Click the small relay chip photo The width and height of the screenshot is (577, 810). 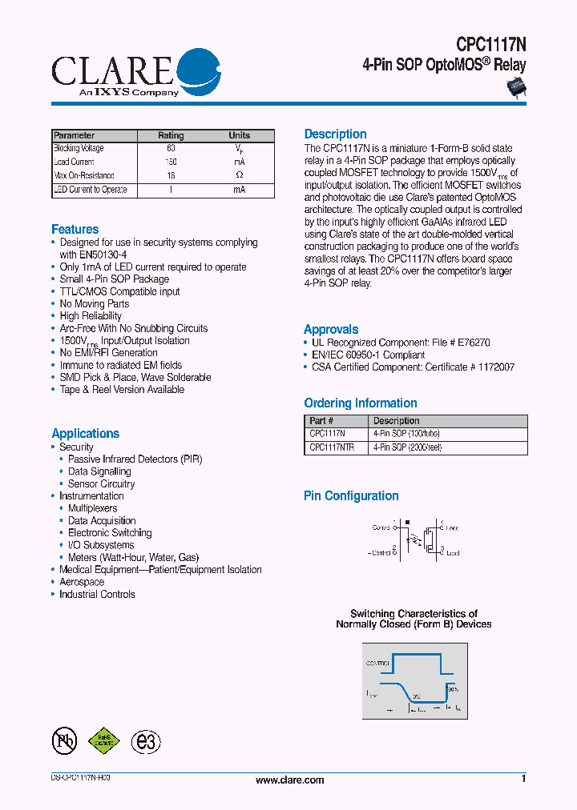[513, 89]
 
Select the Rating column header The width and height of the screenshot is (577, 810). [171, 136]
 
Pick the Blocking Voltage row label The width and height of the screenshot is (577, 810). [79, 149]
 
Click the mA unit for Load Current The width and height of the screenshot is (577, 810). [239, 162]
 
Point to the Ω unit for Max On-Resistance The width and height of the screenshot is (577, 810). [239, 175]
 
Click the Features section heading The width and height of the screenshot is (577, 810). [75, 230]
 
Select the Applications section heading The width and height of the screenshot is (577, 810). [85, 434]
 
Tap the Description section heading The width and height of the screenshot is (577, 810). [335, 134]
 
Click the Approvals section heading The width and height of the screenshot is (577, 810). [331, 330]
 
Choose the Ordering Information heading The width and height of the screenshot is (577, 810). [360, 403]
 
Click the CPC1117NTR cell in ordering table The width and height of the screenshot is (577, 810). [332, 448]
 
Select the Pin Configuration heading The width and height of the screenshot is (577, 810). [351, 496]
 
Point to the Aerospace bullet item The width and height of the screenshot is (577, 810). [82, 582]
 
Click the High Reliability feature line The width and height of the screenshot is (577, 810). [91, 316]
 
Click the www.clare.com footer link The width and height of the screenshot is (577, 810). [289, 780]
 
